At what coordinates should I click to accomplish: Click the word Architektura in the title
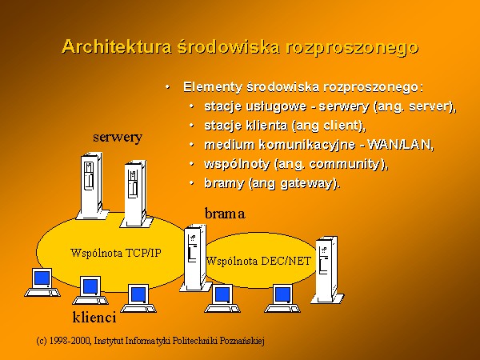coord(117,47)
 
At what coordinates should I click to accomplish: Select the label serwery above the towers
coord(118,138)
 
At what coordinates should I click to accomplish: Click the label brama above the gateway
coord(225,214)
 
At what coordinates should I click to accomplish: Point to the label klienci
coord(94,317)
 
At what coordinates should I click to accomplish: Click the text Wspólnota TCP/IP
coord(116,253)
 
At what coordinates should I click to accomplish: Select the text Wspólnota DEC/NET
coord(258,261)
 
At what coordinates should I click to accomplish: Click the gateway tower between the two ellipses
coord(195,258)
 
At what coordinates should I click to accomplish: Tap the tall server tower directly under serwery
coord(92,186)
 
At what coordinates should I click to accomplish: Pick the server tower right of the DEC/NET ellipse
coord(327,270)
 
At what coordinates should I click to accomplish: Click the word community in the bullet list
coord(345,164)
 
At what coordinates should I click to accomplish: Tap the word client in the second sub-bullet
coord(342,126)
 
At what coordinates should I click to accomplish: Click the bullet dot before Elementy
coord(167,87)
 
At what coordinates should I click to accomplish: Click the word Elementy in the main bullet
coord(213,87)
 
